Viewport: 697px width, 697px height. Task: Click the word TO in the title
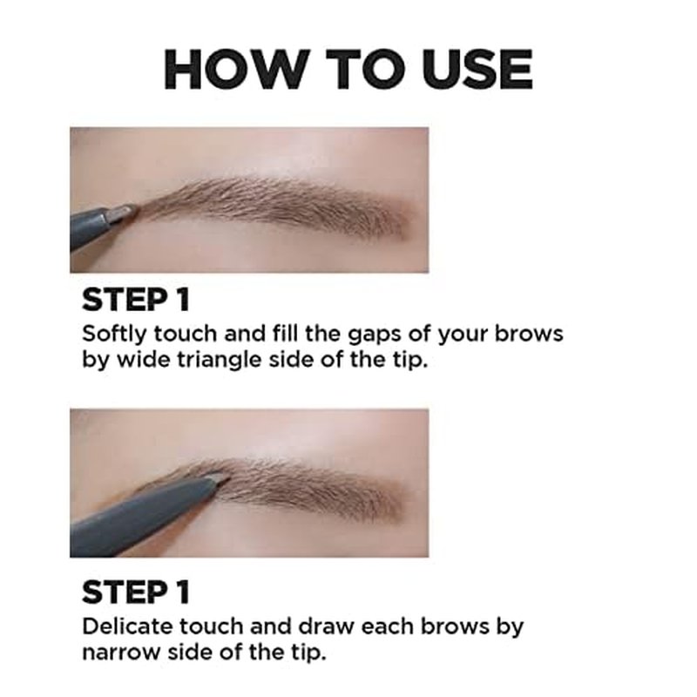tap(366, 70)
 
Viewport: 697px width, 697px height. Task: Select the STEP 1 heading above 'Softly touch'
tap(136, 300)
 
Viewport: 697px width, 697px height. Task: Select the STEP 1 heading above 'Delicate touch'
tap(136, 592)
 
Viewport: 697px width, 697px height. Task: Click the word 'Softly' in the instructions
tap(114, 335)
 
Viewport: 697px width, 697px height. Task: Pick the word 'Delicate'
tap(127, 626)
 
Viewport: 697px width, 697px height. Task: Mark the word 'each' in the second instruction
tap(387, 626)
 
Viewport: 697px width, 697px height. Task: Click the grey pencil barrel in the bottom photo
tap(143, 515)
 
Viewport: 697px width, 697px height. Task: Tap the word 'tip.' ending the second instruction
tap(309, 653)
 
